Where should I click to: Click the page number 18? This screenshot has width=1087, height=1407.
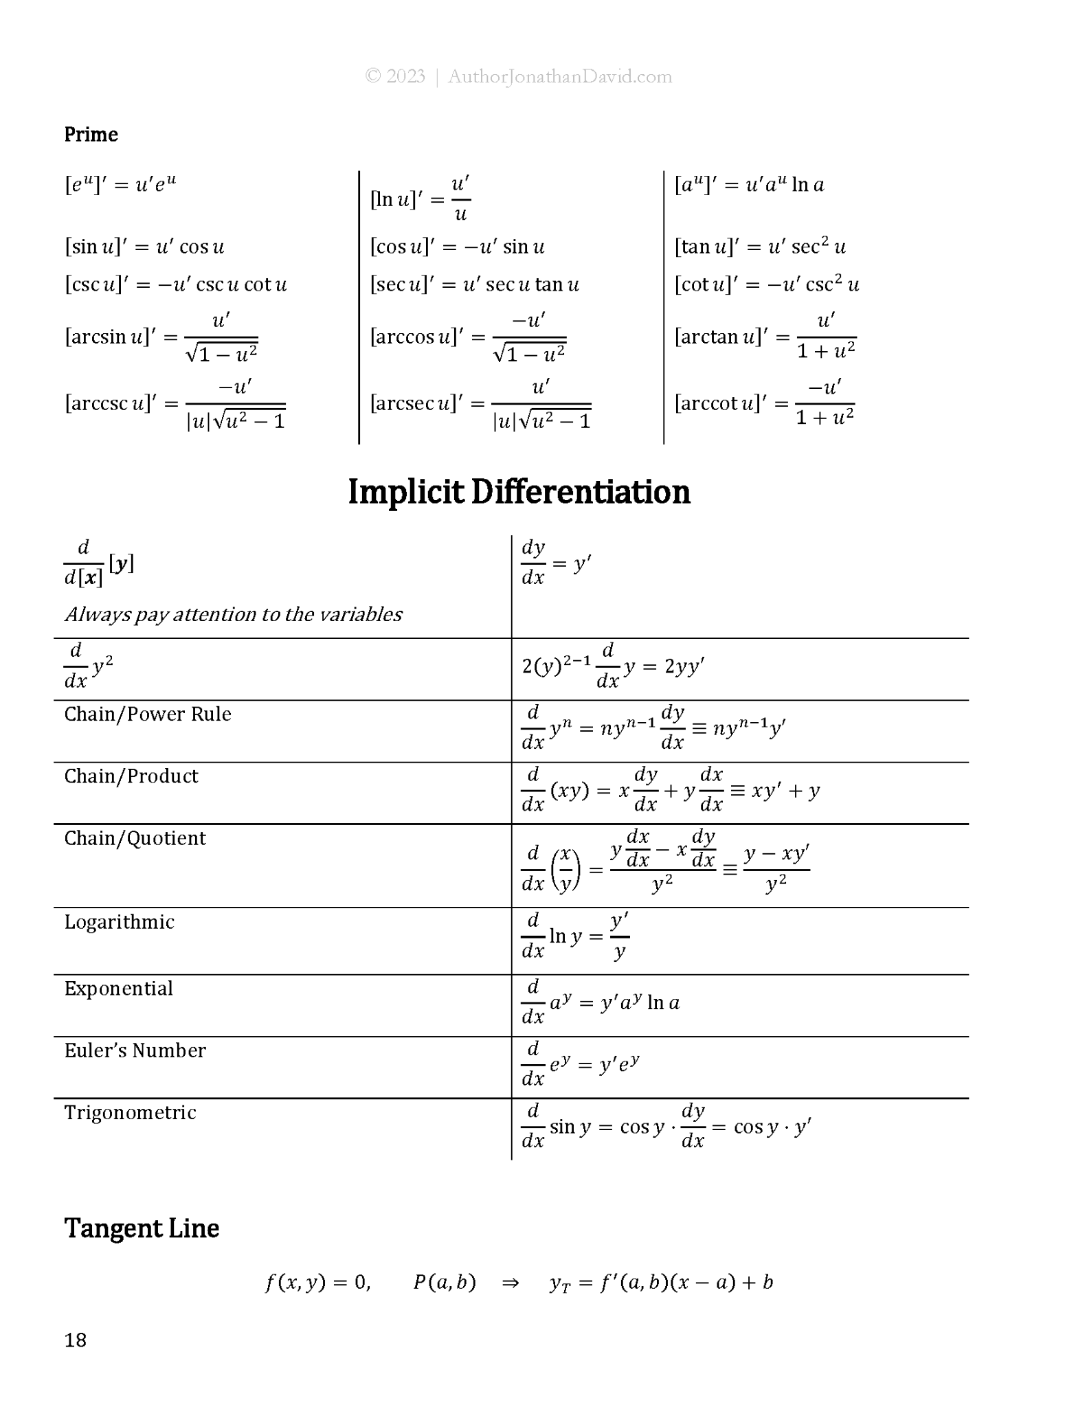[x=76, y=1340]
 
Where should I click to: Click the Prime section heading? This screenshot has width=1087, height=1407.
[x=91, y=134]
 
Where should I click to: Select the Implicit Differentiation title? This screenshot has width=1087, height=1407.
[x=519, y=492]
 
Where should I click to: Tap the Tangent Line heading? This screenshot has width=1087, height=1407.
[x=142, y=1228]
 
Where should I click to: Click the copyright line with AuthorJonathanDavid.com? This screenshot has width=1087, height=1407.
[x=519, y=76]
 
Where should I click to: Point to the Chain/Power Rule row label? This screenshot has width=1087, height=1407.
[x=148, y=714]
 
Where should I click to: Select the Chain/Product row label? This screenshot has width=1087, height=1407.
[x=131, y=776]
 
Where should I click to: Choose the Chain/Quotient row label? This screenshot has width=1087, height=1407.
[x=135, y=838]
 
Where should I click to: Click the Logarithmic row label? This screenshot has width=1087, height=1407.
[x=119, y=922]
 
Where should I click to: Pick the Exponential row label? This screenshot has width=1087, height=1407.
[x=118, y=989]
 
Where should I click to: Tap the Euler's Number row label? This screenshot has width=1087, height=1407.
[x=135, y=1050]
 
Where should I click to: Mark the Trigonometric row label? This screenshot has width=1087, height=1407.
[x=130, y=1112]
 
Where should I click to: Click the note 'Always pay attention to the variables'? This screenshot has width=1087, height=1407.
[x=234, y=614]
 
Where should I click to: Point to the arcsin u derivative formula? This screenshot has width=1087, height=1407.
[x=161, y=337]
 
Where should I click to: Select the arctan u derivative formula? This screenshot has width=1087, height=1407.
[x=765, y=337]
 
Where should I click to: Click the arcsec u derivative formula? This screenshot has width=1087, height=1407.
[x=480, y=404]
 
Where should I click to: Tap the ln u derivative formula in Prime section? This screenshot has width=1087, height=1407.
[x=420, y=199]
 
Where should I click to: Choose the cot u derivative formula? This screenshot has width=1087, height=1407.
[x=767, y=284]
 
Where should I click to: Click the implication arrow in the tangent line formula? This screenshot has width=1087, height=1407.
[x=511, y=1283]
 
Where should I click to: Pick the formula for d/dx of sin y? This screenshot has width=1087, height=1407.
[x=666, y=1127]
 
